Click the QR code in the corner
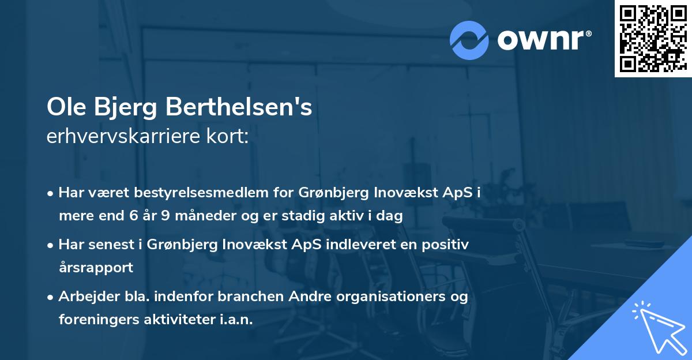(x=653, y=39)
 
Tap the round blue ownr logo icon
(x=469, y=40)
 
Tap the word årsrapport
(x=96, y=268)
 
